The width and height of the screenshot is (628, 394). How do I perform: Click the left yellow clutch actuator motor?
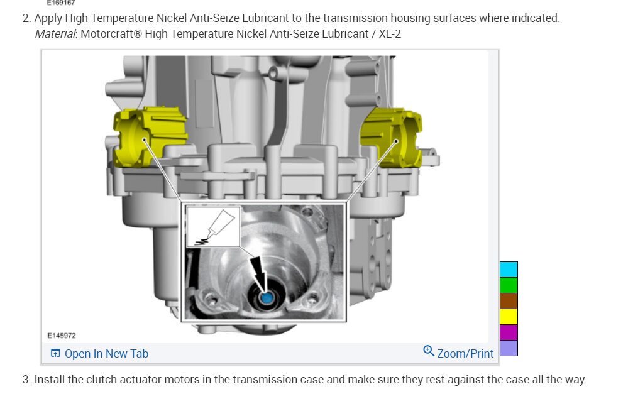(x=148, y=136)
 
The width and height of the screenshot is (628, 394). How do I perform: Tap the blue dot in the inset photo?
(x=267, y=298)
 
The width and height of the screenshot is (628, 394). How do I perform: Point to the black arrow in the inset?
(x=258, y=274)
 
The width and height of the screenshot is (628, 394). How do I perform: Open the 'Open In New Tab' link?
(x=106, y=354)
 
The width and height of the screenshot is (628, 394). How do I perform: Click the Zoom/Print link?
(x=465, y=354)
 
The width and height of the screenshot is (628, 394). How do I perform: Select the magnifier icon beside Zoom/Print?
(x=429, y=351)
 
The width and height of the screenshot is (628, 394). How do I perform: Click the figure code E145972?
(x=61, y=336)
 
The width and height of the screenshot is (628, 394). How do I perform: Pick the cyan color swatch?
(x=509, y=270)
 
